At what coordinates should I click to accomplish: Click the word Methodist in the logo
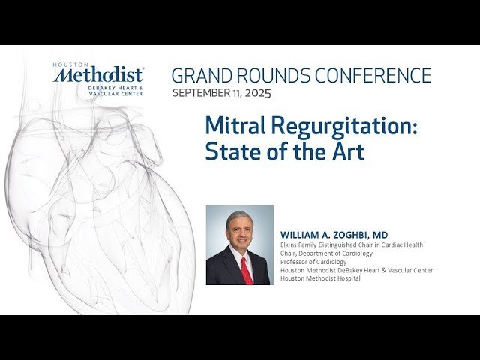[x=99, y=76]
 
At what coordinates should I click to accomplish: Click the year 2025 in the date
[x=256, y=94]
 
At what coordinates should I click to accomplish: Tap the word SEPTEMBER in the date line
[x=202, y=94]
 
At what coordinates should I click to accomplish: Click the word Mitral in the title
[x=235, y=125]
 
